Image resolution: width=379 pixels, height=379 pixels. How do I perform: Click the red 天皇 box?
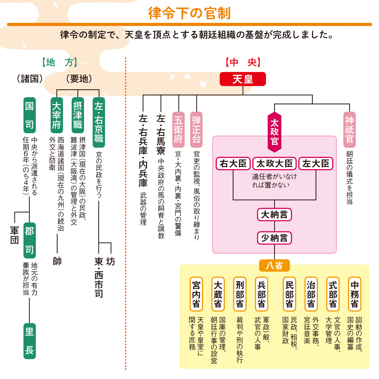click(243, 79)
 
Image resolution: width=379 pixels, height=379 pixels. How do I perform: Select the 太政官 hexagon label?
click(274, 132)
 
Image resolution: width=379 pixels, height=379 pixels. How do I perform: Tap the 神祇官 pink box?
click(349, 130)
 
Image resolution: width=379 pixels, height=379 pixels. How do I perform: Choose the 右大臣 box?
click(233, 164)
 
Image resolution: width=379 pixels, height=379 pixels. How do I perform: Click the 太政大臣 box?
click(275, 164)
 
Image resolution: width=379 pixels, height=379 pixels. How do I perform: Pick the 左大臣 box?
click(316, 164)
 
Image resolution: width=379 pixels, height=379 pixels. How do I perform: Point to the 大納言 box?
click(274, 215)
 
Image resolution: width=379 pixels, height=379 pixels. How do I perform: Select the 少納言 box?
click(274, 238)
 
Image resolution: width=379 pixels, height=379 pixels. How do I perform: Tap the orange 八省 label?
click(274, 266)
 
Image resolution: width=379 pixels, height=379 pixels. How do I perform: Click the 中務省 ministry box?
click(354, 294)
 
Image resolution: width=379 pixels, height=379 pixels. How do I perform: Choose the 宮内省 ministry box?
click(196, 294)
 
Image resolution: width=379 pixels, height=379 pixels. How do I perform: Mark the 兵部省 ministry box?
click(261, 294)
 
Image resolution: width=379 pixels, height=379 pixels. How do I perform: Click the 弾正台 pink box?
click(196, 130)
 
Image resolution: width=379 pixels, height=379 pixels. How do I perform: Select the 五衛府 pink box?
click(178, 130)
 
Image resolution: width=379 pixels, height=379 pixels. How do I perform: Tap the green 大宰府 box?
click(57, 115)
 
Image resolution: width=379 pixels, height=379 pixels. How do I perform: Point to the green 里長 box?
click(29, 341)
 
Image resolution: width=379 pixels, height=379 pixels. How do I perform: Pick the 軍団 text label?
click(15, 235)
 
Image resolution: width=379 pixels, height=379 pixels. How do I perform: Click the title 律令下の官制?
click(189, 13)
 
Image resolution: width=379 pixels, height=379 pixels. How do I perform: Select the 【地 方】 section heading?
click(60, 63)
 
